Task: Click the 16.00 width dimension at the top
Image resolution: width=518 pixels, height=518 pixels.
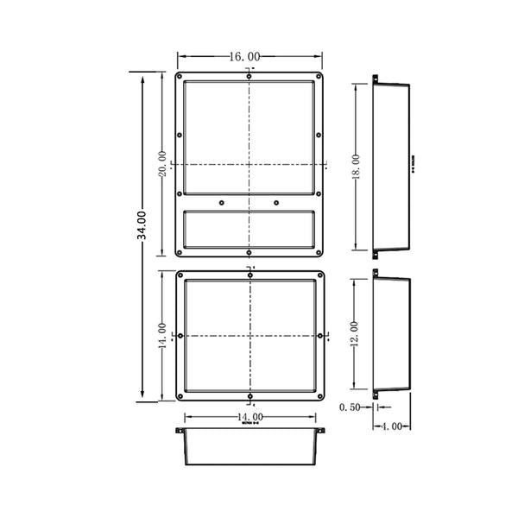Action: (250, 56)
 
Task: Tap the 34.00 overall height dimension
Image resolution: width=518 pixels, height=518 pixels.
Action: (142, 226)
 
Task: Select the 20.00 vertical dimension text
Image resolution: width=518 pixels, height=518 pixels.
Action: (161, 163)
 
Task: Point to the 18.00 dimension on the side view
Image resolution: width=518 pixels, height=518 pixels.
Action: (355, 164)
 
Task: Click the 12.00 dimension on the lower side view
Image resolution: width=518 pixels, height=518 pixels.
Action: (355, 333)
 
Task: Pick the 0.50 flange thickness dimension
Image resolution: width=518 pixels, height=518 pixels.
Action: (350, 407)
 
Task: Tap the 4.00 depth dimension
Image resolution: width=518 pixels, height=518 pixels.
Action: (391, 426)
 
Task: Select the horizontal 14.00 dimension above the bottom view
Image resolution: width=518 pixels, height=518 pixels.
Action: (250, 418)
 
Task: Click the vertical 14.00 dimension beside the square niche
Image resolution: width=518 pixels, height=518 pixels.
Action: (161, 333)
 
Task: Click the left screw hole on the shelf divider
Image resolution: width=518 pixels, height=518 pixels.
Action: (222, 202)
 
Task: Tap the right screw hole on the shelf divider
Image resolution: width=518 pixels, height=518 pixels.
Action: (276, 202)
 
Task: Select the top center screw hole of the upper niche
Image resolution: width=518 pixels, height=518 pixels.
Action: (250, 77)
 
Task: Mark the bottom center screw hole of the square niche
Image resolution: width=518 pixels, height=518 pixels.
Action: (250, 396)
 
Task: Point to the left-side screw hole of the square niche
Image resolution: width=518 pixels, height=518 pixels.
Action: (179, 334)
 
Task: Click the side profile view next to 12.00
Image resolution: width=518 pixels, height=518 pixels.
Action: (390, 333)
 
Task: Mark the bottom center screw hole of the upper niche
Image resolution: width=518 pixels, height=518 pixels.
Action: (250, 253)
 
